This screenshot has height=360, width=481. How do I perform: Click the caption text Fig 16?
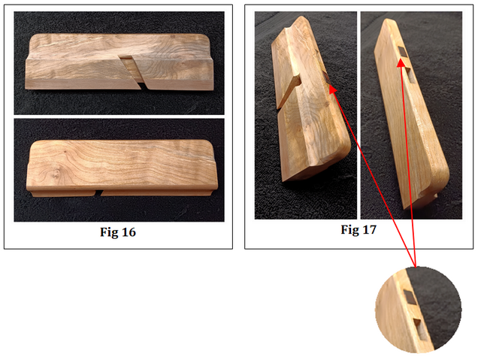[118, 232]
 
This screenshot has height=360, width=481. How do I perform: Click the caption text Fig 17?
[358, 230]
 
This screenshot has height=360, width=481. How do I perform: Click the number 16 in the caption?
[128, 232]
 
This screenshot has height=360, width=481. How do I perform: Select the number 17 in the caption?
[369, 230]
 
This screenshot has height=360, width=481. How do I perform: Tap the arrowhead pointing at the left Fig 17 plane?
[332, 89]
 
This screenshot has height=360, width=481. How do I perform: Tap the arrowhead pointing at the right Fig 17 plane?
[401, 63]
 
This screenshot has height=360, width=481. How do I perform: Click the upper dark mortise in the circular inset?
[410, 297]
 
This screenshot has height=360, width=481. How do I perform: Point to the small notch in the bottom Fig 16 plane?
[98, 193]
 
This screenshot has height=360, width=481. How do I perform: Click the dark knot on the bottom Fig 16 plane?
[56, 174]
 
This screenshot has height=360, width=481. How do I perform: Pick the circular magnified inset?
[418, 310]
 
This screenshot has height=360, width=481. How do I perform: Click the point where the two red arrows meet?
[415, 266]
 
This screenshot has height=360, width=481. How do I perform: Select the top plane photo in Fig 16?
[119, 63]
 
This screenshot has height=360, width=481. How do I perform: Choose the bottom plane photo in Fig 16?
[119, 170]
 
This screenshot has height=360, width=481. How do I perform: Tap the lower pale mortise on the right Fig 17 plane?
[411, 75]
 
